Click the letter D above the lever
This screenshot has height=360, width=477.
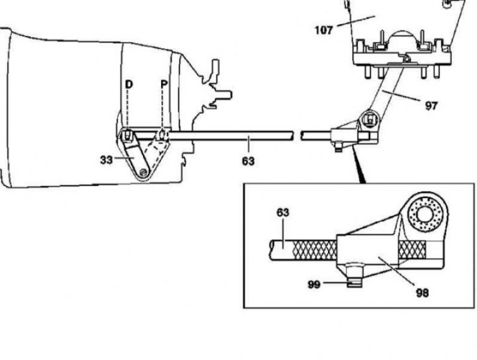pyautogui.click(x=129, y=84)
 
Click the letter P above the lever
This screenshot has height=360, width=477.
pyautogui.click(x=165, y=84)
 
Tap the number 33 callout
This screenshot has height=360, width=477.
pyautogui.click(x=106, y=160)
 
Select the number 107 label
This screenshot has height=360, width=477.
pyautogui.click(x=324, y=30)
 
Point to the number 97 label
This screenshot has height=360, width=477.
pyautogui.click(x=431, y=106)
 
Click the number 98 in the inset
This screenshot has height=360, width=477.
pyautogui.click(x=422, y=293)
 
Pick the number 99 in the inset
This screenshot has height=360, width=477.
pyautogui.click(x=314, y=284)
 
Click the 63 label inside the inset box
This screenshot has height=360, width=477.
pyautogui.click(x=283, y=213)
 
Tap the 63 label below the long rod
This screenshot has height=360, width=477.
pyautogui.click(x=248, y=161)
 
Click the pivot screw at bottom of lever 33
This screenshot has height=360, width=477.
pyautogui.click(x=144, y=173)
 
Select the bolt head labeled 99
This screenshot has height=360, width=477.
pyautogui.click(x=355, y=275)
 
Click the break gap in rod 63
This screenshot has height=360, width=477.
pyautogui.click(x=297, y=135)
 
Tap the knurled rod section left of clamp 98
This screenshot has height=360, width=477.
pyautogui.click(x=314, y=250)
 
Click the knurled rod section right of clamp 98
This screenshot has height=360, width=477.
pyautogui.click(x=412, y=250)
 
